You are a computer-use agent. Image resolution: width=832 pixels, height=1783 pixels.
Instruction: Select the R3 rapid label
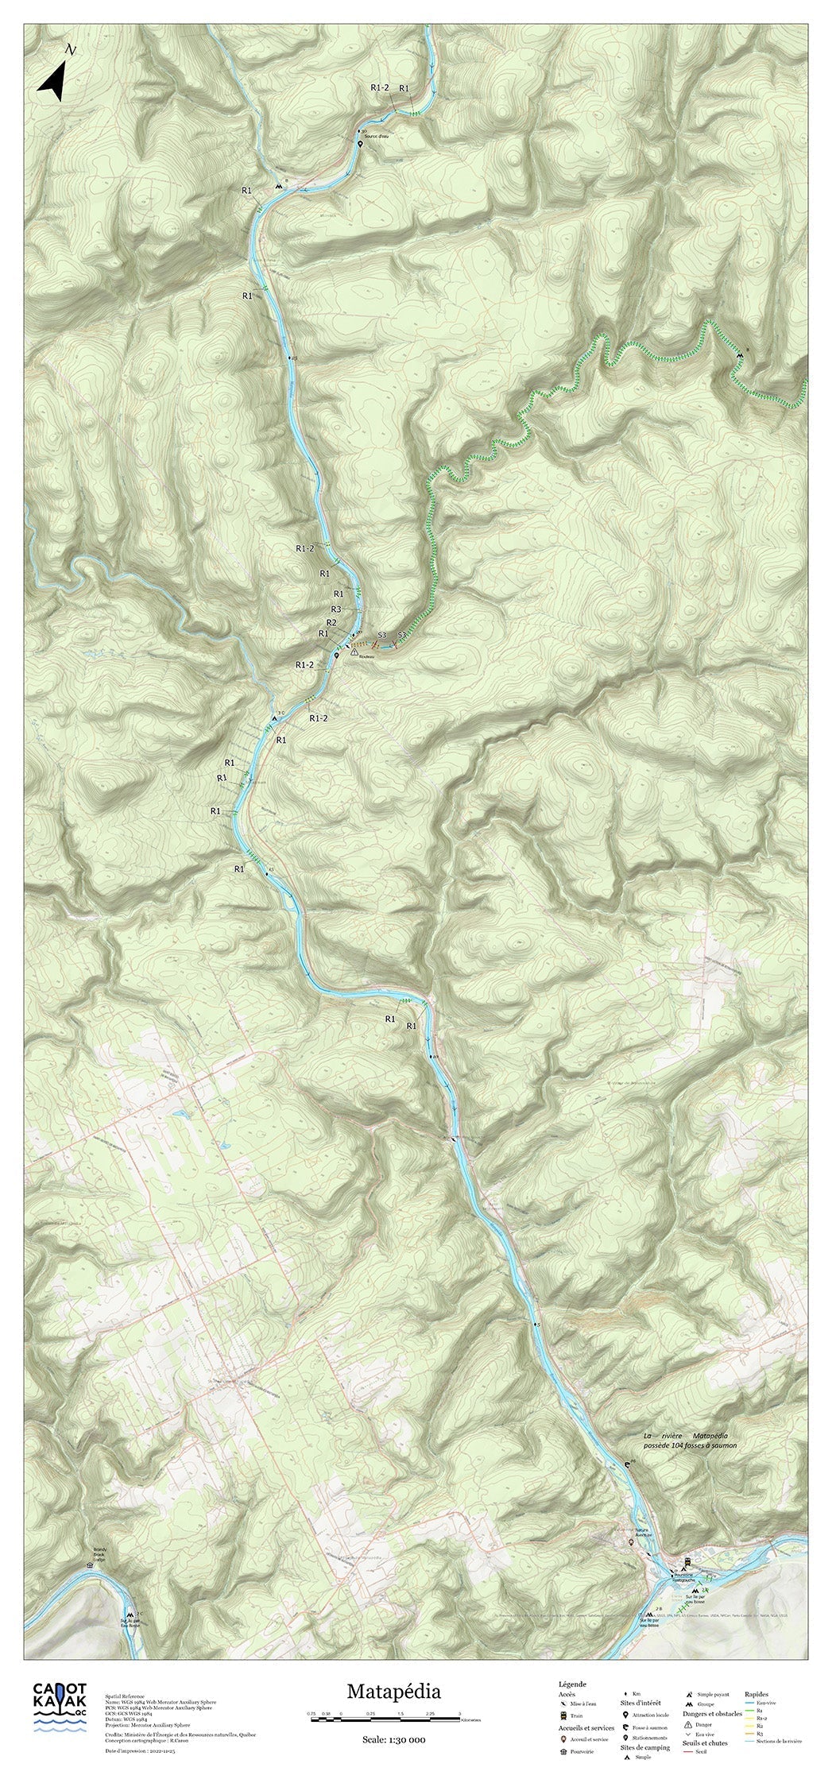coord(336,609)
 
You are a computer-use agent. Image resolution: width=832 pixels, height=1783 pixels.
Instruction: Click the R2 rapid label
coord(332,621)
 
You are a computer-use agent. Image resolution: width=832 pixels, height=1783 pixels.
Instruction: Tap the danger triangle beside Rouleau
coord(354,651)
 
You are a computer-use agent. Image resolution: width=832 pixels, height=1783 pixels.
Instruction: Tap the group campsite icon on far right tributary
coord(739,355)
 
